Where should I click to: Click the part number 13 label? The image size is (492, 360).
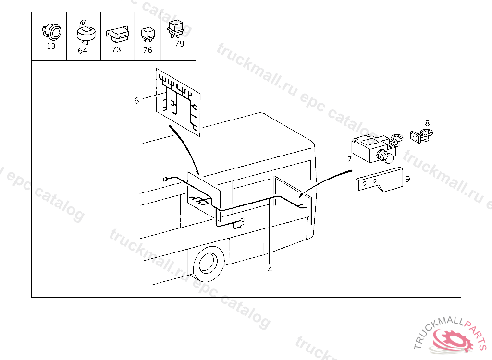(51, 46)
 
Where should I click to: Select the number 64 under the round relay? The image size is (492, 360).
(83, 50)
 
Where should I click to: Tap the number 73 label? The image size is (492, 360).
(116, 49)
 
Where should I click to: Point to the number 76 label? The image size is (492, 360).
(148, 50)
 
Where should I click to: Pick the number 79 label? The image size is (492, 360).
(180, 44)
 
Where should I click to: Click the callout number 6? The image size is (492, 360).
(136, 100)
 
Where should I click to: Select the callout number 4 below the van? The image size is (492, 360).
(270, 270)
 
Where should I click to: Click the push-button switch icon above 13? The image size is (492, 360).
(52, 32)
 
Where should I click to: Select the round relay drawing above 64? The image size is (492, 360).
(85, 32)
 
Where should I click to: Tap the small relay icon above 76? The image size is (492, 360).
(148, 34)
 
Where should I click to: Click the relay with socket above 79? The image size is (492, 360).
(176, 29)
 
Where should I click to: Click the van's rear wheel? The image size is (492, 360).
(209, 263)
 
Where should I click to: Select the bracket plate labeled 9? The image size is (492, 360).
(380, 180)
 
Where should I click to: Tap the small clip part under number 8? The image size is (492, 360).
(421, 135)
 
